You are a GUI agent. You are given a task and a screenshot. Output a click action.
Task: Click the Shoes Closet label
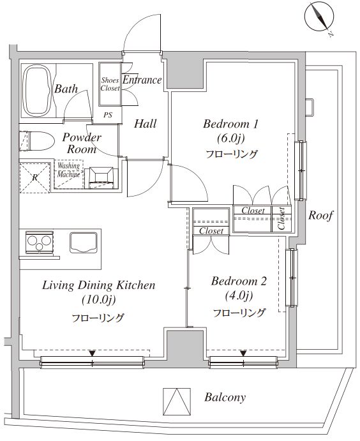tap(110, 84)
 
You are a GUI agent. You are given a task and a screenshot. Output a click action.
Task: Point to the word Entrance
tap(142, 80)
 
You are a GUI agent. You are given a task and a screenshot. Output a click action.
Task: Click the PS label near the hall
tap(108, 116)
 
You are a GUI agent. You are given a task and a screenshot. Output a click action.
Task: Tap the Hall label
tap(145, 123)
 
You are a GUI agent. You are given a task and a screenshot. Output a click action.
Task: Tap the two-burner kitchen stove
tap(40, 242)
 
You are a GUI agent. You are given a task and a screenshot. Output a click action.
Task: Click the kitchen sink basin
tap(84, 241)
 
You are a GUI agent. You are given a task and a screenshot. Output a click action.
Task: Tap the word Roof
tap(321, 215)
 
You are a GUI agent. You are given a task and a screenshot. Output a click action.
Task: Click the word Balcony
tap(225, 398)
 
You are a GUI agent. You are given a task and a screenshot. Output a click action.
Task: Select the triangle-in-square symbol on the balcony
tap(177, 402)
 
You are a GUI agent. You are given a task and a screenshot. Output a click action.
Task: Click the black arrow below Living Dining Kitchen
tap(93, 353)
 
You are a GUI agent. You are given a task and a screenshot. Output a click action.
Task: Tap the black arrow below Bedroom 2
tap(243, 353)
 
